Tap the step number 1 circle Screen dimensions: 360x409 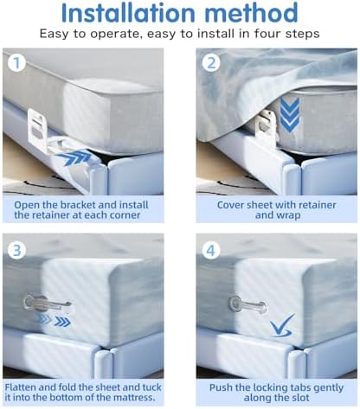[16, 63]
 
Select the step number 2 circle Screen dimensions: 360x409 [211, 63]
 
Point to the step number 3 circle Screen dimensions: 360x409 [16, 250]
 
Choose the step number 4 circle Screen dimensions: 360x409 [211, 250]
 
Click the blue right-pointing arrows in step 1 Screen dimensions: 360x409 [74, 158]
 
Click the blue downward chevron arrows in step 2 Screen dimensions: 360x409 [290, 115]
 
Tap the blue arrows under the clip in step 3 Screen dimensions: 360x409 [53, 320]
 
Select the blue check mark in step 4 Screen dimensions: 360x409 [282, 325]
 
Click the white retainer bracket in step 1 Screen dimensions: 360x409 [37, 130]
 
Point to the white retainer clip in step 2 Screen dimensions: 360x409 [267, 127]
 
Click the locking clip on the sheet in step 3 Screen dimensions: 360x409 [47, 304]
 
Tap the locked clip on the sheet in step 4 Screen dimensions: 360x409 [247, 303]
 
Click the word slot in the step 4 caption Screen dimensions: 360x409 [300, 398]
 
